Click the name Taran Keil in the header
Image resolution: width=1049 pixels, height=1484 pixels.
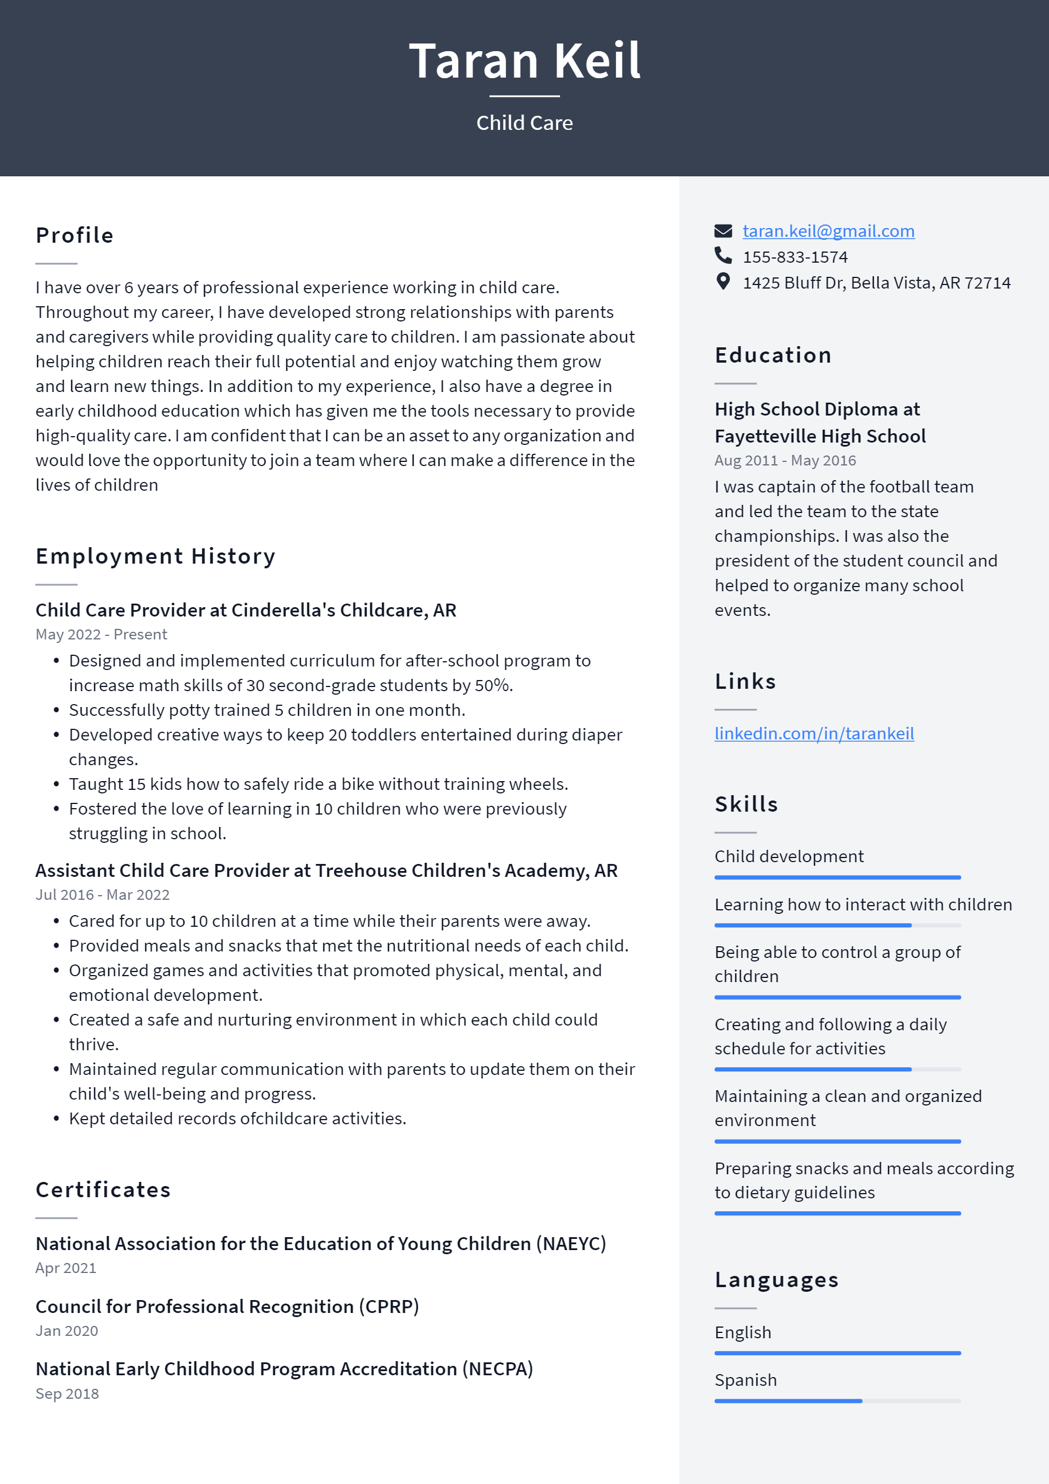524,61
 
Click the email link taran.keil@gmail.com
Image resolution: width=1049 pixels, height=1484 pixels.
828,231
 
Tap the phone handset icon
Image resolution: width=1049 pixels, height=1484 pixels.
723,256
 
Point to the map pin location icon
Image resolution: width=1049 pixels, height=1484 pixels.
723,282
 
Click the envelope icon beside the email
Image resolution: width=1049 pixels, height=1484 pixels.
723,231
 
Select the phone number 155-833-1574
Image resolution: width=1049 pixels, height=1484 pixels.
795,257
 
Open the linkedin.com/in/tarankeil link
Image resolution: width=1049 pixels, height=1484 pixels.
814,733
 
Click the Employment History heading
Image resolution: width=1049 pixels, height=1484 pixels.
155,556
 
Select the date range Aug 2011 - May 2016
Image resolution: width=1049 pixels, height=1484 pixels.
785,460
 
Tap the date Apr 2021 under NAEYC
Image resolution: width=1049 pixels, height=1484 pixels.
66,1268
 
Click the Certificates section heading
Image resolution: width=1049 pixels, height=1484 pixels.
103,1190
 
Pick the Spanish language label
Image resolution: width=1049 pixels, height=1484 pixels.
745,1380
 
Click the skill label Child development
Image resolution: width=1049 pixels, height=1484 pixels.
789,856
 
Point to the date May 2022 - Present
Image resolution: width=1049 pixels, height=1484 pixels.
102,634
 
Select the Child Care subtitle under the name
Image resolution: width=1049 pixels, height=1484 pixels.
524,123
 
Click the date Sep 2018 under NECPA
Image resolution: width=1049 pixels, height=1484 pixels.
67,1393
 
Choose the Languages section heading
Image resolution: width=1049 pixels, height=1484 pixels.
776,1279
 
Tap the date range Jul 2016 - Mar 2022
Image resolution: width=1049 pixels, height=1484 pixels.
103,895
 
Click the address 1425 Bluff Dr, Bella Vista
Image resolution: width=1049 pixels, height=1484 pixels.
876,283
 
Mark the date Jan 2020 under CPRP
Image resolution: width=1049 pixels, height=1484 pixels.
66,1331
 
